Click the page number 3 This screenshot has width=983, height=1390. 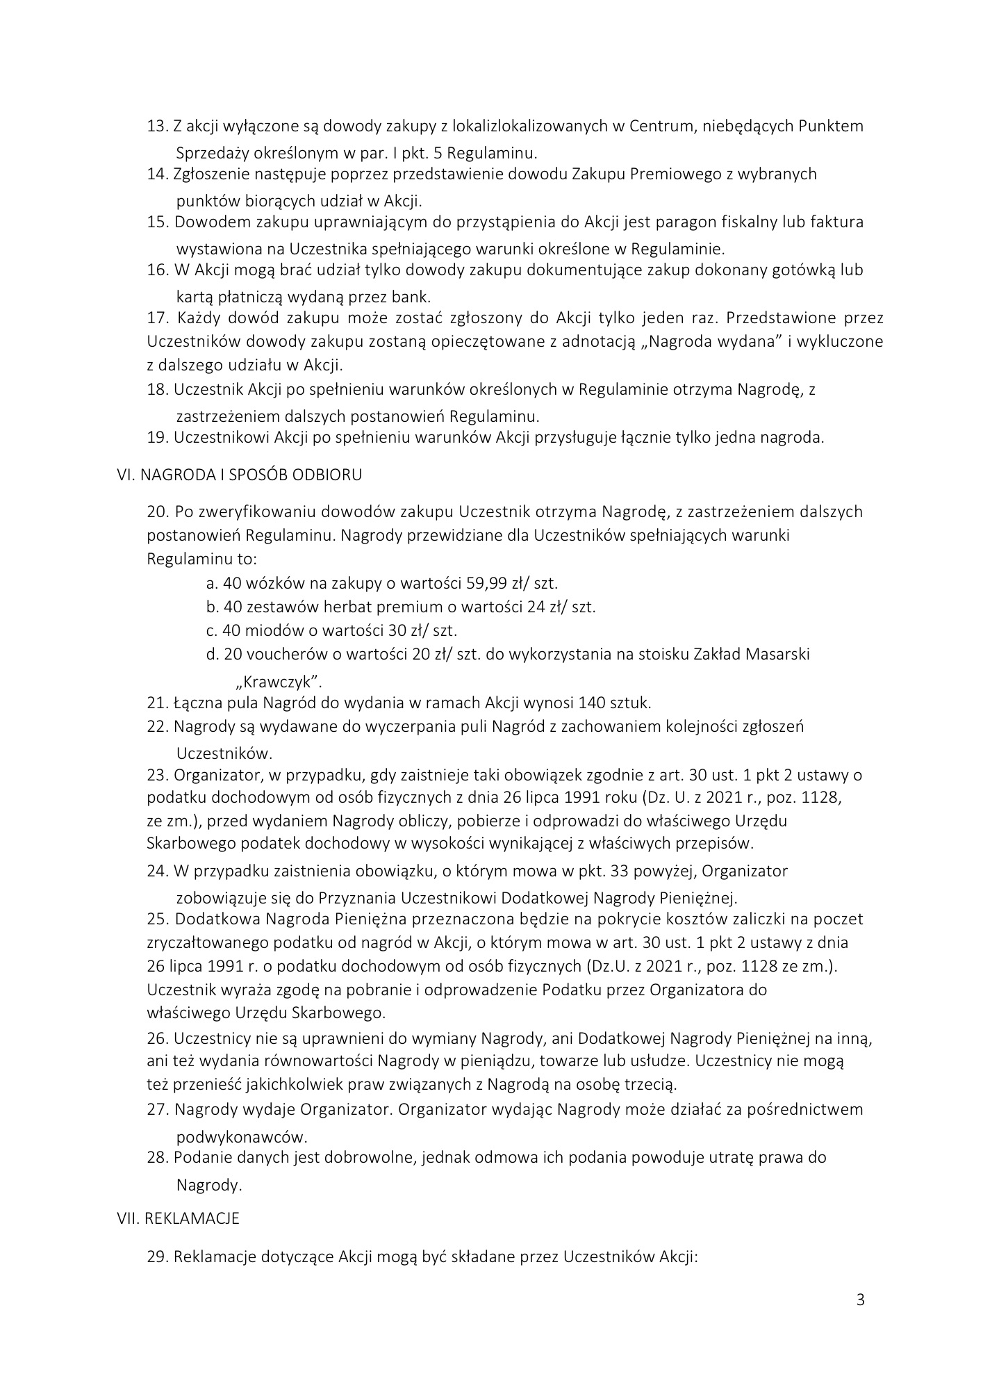point(860,1300)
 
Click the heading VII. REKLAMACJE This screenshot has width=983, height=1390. point(178,1218)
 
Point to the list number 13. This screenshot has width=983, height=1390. point(158,126)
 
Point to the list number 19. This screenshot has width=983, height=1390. point(158,438)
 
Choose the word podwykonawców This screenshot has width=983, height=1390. point(241,1138)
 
